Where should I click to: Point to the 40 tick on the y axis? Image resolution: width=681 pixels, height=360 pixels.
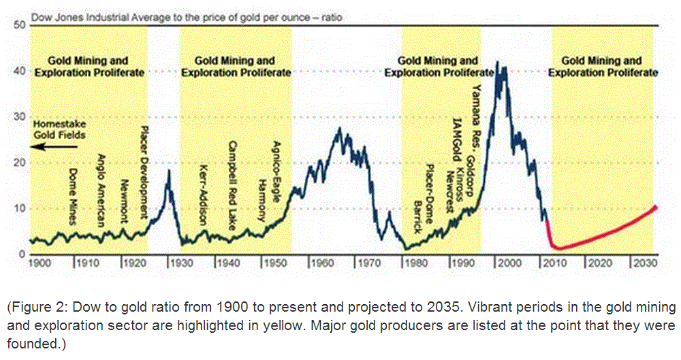(x=20, y=71)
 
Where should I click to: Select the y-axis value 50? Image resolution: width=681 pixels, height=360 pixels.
(x=20, y=25)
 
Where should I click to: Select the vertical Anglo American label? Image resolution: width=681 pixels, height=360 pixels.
(x=99, y=190)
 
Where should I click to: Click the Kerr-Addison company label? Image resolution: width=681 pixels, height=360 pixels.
(x=202, y=193)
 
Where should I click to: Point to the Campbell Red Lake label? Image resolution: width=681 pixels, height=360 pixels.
(x=232, y=182)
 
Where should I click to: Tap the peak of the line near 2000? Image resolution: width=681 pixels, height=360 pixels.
(x=497, y=63)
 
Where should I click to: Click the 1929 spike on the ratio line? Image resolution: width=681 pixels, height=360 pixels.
(x=169, y=171)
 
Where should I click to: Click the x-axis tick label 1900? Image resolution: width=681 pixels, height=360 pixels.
(x=40, y=263)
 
